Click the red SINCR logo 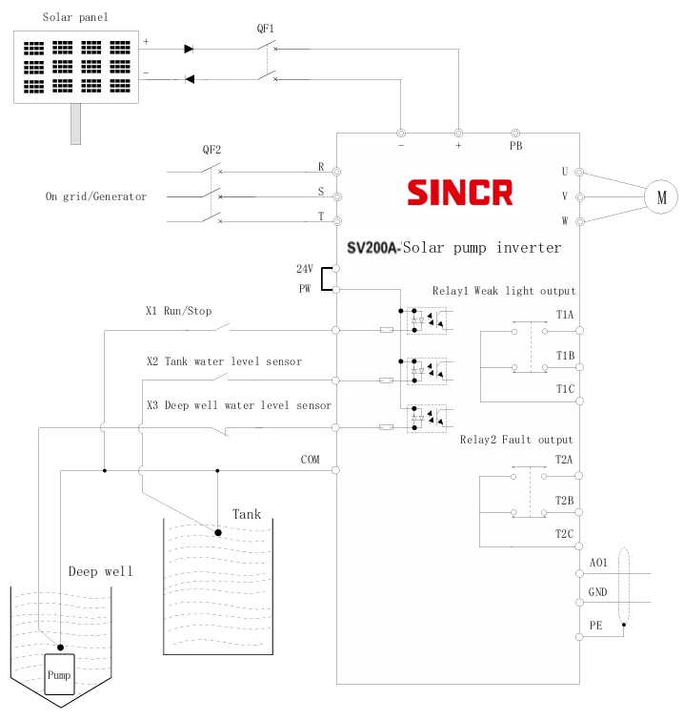tap(460, 193)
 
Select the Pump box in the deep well tap(59, 674)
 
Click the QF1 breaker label tap(265, 29)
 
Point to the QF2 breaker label tap(211, 150)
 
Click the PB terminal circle tap(515, 134)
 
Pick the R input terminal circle tap(336, 172)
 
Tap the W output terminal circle tap(580, 221)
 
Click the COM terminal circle tap(335, 470)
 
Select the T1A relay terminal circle tap(580, 331)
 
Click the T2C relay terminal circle tap(579, 546)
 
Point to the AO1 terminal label tap(598, 563)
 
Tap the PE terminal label tap(596, 626)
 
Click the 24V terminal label tap(305, 269)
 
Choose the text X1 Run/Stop tap(179, 311)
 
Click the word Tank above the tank tap(247, 514)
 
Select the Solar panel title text tap(75, 17)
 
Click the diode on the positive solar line tap(189, 49)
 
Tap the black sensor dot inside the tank tap(218, 533)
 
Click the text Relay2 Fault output tap(516, 440)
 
